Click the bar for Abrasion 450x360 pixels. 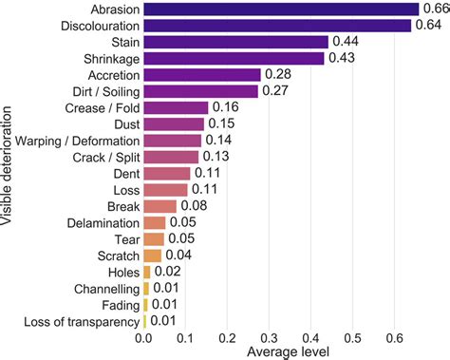coord(281,9)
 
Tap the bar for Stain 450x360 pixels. coord(235,42)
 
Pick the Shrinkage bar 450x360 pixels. coord(234,58)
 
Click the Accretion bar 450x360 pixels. coord(202,74)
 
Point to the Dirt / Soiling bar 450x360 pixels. coord(200,91)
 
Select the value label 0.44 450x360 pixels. coord(345,42)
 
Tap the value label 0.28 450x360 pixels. coord(277,74)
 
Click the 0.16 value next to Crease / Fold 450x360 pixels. coord(225,107)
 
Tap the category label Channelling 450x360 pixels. coord(104,288)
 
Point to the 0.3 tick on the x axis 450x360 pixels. coord(269,337)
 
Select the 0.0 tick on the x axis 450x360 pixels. coord(144,337)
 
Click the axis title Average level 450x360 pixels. coord(288,352)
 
